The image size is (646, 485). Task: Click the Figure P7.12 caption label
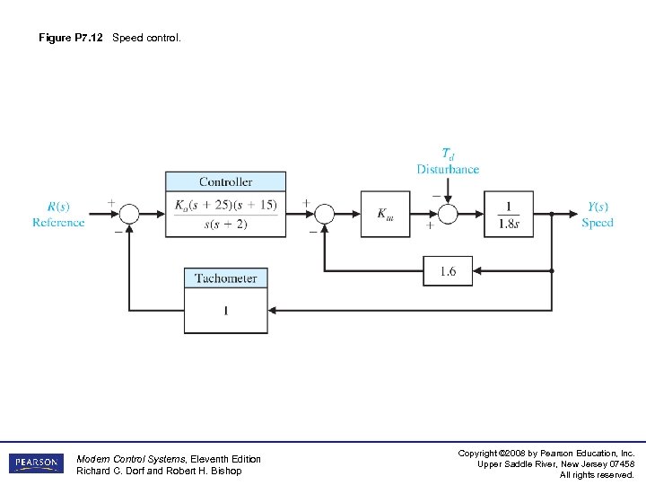[x=71, y=38]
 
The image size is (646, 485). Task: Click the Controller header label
[x=225, y=182]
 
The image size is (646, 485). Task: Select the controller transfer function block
[x=225, y=214]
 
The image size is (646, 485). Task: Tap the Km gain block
[x=385, y=214]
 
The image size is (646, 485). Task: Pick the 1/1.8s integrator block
[x=508, y=214]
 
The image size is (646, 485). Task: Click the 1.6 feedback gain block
[x=447, y=270]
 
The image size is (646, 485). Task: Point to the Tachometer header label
[x=226, y=278]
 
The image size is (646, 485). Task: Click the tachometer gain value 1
[x=226, y=311]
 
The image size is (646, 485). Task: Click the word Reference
[x=58, y=223]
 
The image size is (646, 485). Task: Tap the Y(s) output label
[x=598, y=206]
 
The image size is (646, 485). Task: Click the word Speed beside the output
[x=598, y=223]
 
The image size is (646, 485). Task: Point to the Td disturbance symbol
[x=448, y=154]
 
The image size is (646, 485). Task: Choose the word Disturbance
[x=448, y=169]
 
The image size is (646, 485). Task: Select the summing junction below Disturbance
[x=448, y=214]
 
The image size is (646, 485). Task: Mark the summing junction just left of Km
[x=325, y=214]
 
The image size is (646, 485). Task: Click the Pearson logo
[x=36, y=463]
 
